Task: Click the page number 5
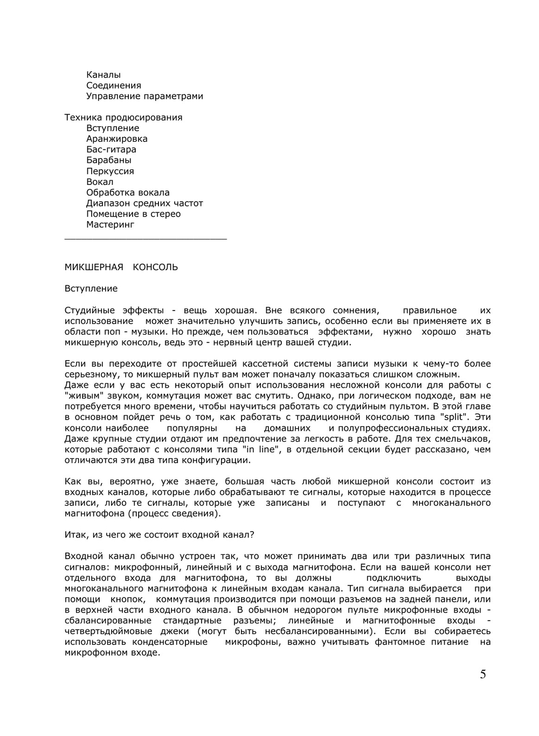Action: (x=482, y=674)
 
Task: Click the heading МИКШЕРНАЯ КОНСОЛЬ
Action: (x=121, y=267)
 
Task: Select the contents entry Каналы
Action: (x=103, y=75)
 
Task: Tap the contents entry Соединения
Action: (x=114, y=86)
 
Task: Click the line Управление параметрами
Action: (x=144, y=97)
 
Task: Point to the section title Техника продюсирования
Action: (x=123, y=118)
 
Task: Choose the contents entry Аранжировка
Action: (x=117, y=139)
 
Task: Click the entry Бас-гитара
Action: (x=111, y=150)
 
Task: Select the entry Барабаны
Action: (x=108, y=160)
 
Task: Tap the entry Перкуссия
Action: (x=110, y=171)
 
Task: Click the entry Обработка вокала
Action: (x=128, y=192)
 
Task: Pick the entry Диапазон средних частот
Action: (x=144, y=203)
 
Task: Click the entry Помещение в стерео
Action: (x=133, y=214)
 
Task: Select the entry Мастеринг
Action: (x=110, y=225)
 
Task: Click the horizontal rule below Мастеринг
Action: (x=146, y=238)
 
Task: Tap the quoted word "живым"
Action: (x=81, y=396)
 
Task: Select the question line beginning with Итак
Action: (x=159, y=535)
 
